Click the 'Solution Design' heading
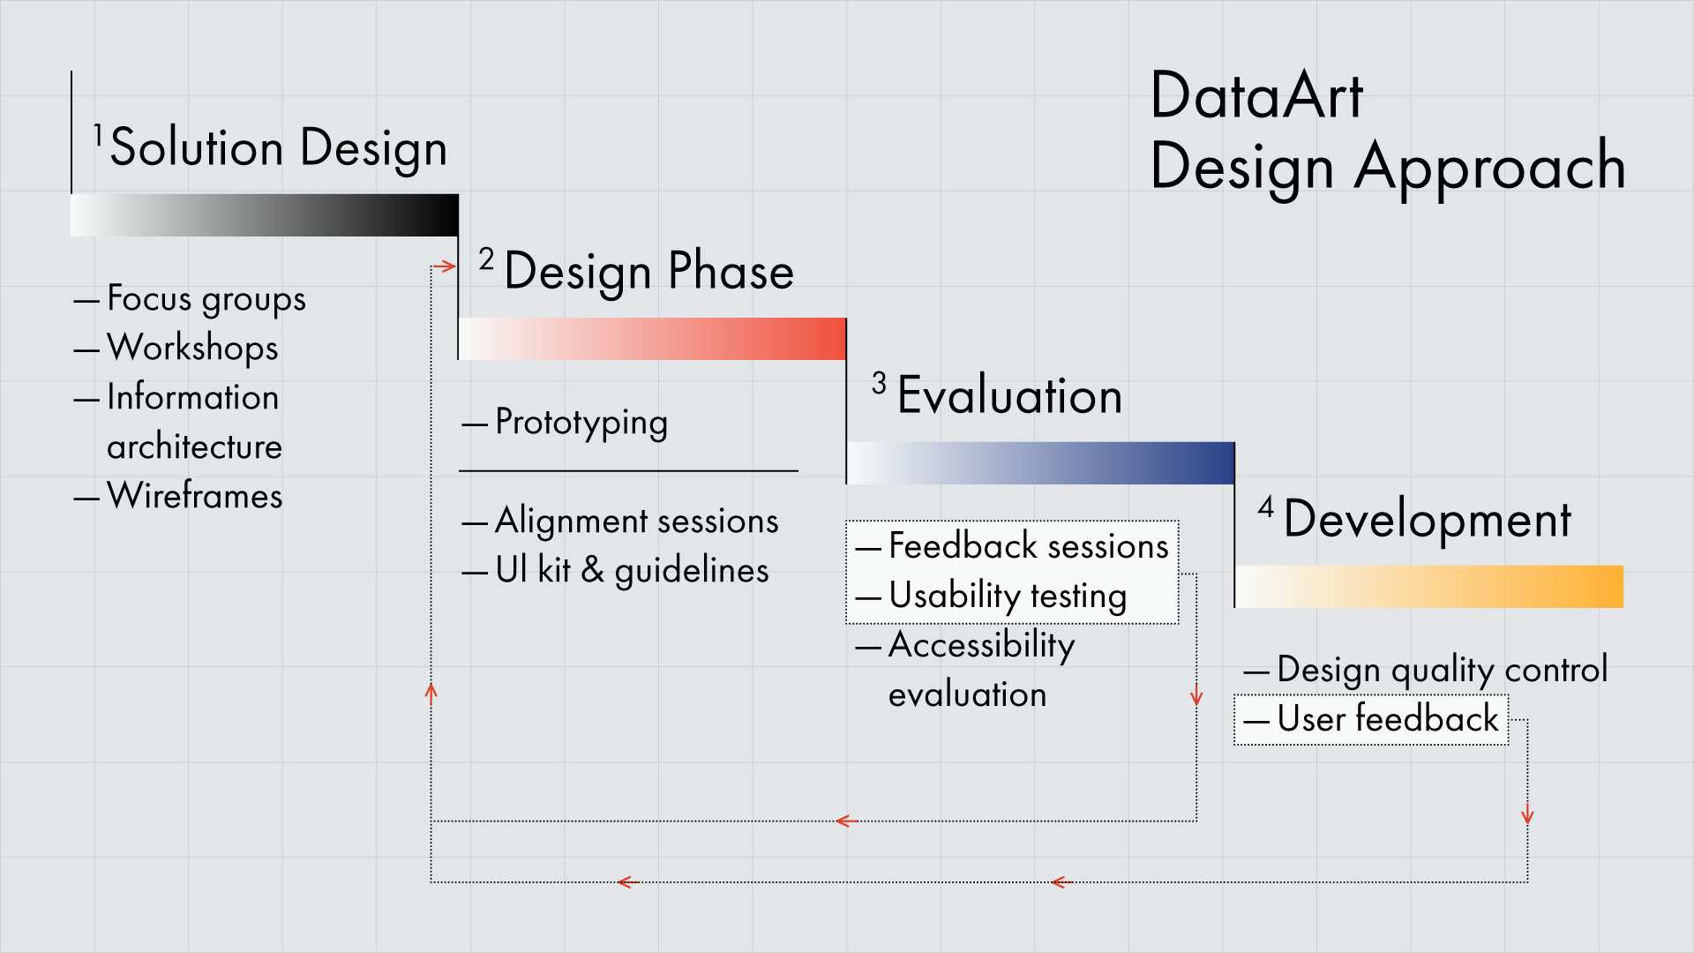[278, 147]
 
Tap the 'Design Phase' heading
[648, 271]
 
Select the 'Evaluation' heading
[1009, 395]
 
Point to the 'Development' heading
[1427, 519]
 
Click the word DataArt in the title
[1256, 95]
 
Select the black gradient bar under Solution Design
[265, 215]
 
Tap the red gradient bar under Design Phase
[652, 339]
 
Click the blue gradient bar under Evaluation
[1040, 463]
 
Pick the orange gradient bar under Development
[1428, 587]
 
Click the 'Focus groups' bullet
[206, 298]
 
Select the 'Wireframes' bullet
[194, 496]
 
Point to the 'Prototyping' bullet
[581, 422]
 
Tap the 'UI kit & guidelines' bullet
[632, 570]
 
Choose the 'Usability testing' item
[1008, 596]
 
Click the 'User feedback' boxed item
[1387, 719]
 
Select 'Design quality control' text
[1442, 670]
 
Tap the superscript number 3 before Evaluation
[879, 383]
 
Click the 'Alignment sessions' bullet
[636, 521]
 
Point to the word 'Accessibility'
[981, 645]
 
